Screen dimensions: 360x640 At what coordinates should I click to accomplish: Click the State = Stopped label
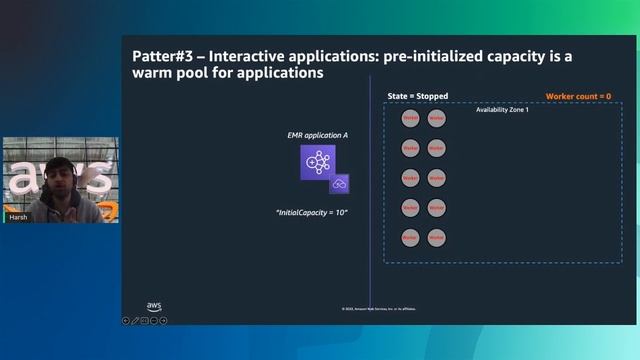pyautogui.click(x=417, y=96)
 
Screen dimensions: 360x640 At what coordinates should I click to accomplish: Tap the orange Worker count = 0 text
pyautogui.click(x=578, y=96)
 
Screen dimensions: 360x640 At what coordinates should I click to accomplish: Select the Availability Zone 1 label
pyautogui.click(x=501, y=109)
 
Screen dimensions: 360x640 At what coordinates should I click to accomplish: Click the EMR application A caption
pyautogui.click(x=317, y=134)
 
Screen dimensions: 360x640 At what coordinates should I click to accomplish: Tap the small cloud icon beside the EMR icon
pyautogui.click(x=340, y=184)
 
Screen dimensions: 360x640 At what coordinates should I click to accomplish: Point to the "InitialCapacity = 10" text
pyautogui.click(x=317, y=213)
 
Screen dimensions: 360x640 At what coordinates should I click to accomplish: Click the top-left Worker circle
pyautogui.click(x=410, y=118)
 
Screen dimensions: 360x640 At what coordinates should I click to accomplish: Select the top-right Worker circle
pyautogui.click(x=436, y=118)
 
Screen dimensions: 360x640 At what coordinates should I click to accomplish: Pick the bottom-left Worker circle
pyautogui.click(x=410, y=238)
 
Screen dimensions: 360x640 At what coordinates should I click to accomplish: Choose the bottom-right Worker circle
pyautogui.click(x=436, y=238)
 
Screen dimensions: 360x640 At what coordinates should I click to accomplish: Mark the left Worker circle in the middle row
pyautogui.click(x=410, y=178)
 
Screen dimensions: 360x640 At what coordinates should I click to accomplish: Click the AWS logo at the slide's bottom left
pyautogui.click(x=154, y=307)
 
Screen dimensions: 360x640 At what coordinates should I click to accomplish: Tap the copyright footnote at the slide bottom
pyautogui.click(x=378, y=309)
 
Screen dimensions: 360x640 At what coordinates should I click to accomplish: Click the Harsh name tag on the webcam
pyautogui.click(x=18, y=216)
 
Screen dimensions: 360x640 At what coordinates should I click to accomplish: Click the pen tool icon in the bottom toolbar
pyautogui.click(x=135, y=321)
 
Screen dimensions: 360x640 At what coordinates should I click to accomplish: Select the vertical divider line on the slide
pyautogui.click(x=370, y=200)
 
